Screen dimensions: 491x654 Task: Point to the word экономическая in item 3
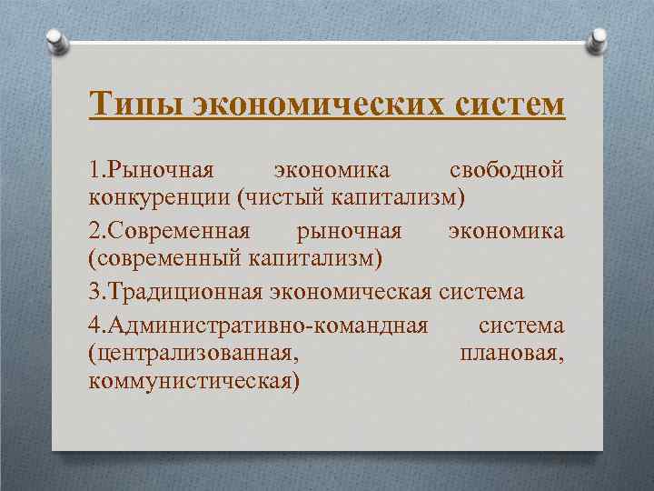click(x=351, y=292)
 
